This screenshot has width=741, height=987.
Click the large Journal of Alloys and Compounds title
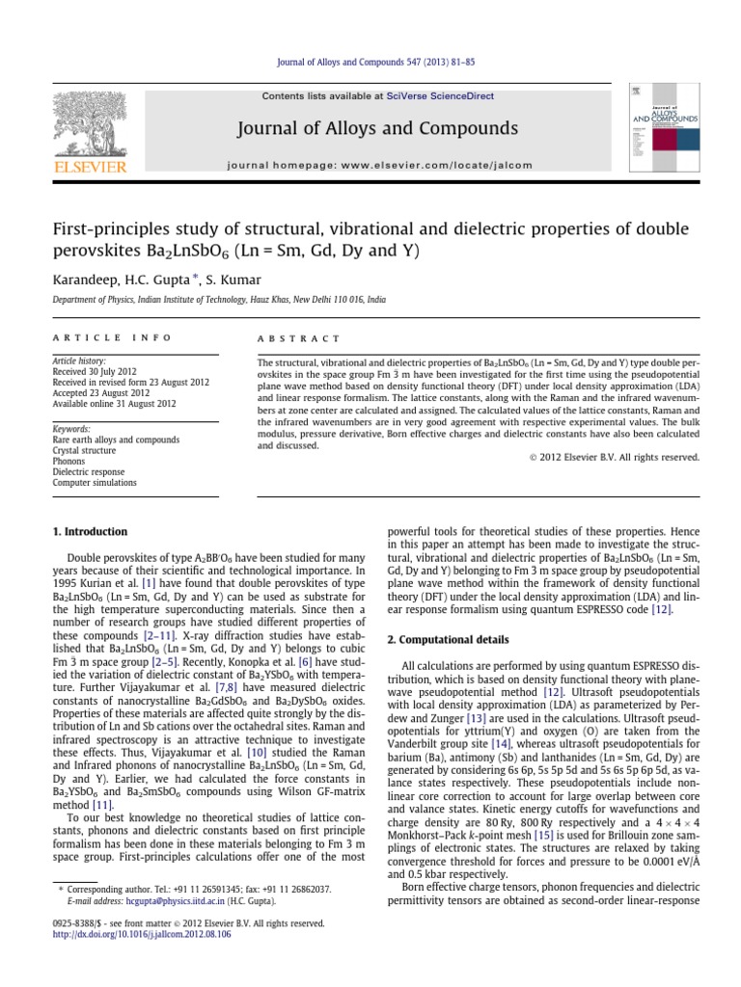(x=371, y=129)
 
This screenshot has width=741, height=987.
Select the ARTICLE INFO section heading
(x=110, y=338)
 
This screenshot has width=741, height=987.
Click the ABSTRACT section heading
(x=297, y=338)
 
